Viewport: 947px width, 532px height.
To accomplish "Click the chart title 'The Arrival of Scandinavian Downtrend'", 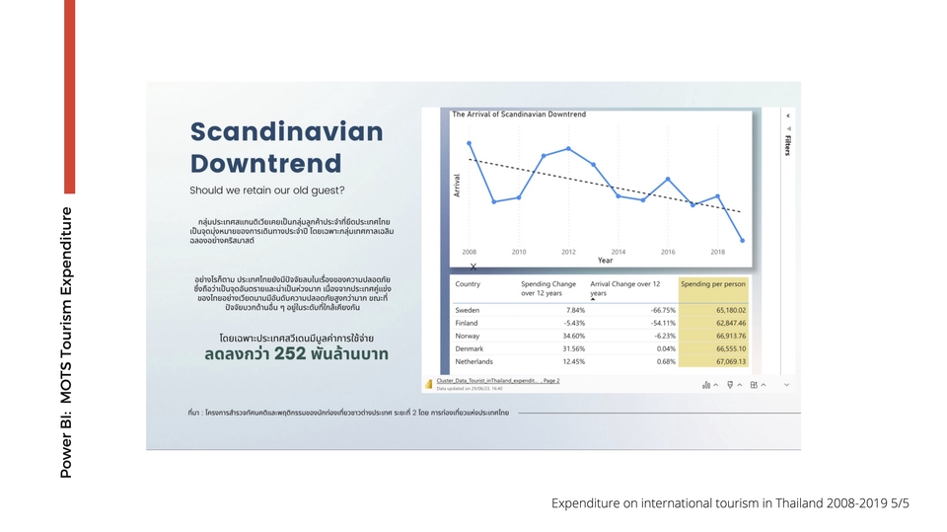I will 518,114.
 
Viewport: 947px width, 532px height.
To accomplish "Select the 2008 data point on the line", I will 470,143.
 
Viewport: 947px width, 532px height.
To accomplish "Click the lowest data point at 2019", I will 743,240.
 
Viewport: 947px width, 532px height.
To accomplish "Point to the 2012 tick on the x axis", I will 568,252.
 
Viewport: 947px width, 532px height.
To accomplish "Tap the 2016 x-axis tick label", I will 668,252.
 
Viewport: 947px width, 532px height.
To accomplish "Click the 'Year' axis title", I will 605,261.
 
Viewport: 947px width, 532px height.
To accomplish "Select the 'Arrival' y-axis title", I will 458,185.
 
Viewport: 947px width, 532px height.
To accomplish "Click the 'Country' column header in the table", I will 468,284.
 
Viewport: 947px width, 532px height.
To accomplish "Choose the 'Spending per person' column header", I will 712,284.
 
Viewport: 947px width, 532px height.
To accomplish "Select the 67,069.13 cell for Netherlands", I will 725,360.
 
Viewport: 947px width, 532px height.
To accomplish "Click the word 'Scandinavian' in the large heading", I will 286,132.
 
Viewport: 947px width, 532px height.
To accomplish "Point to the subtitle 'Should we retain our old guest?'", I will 267,190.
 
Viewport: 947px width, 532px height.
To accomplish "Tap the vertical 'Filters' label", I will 787,144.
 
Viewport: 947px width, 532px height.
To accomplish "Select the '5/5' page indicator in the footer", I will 899,503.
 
